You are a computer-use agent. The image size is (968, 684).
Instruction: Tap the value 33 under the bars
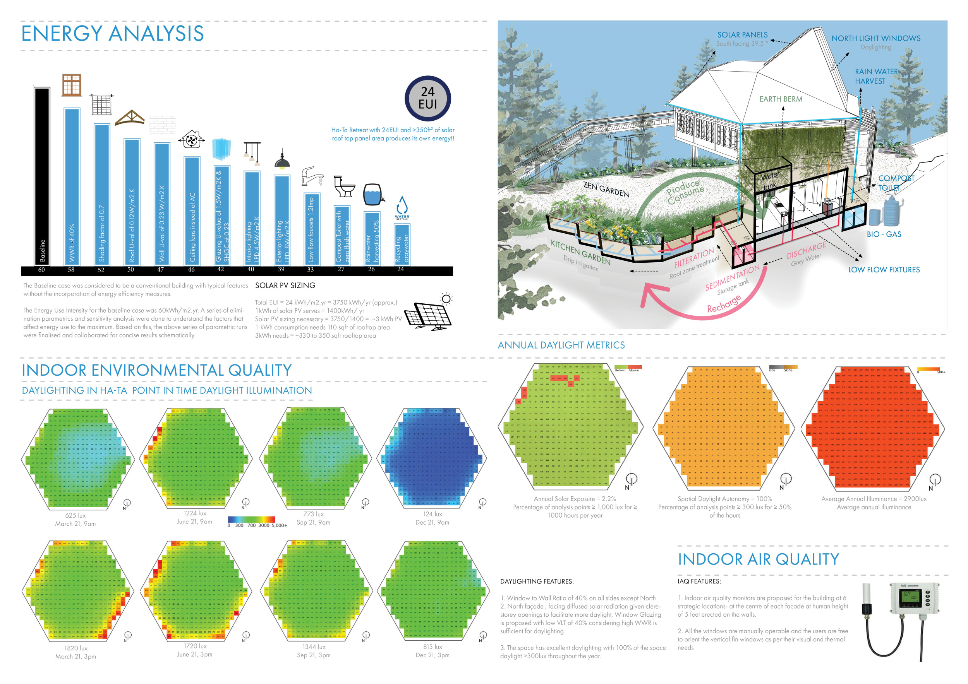click(310, 270)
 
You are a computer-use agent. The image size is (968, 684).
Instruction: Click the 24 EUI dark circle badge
click(427, 99)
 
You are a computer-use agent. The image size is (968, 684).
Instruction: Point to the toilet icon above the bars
click(344, 186)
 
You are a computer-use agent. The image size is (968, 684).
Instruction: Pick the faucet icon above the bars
click(312, 176)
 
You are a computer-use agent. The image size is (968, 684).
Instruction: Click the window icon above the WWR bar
click(71, 85)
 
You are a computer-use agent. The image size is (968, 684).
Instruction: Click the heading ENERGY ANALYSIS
click(113, 34)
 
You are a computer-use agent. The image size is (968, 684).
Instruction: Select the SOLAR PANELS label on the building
click(742, 35)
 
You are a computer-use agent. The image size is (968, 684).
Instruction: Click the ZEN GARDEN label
click(606, 189)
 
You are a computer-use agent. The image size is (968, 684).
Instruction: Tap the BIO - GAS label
click(884, 234)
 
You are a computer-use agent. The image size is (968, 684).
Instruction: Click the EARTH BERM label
click(781, 99)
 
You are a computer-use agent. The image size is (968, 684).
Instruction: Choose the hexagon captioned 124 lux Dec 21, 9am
click(432, 457)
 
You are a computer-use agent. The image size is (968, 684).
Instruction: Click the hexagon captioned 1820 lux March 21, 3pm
click(77, 590)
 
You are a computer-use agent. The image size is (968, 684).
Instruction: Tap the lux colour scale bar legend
click(251, 520)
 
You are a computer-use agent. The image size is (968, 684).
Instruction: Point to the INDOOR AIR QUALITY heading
click(758, 559)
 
